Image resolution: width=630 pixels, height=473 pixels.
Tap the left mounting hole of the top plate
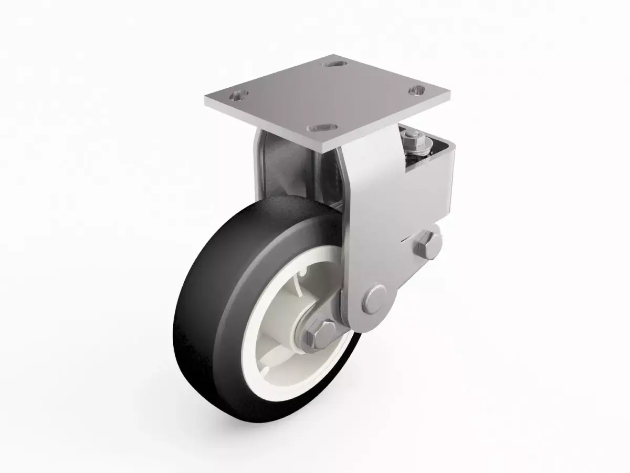pyautogui.click(x=239, y=96)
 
